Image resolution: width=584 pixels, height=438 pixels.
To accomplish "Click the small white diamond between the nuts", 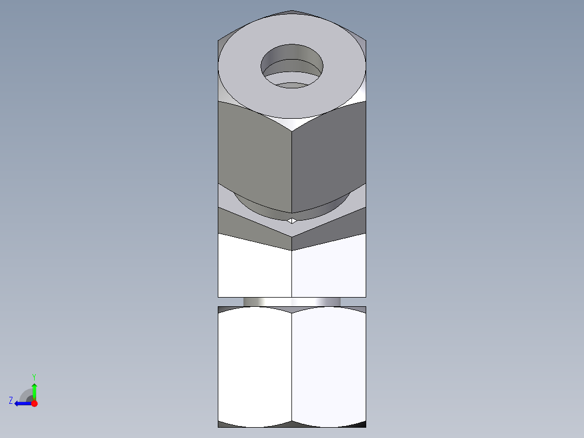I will click(x=292, y=220).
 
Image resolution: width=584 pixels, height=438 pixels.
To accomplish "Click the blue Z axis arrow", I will click(x=22, y=403).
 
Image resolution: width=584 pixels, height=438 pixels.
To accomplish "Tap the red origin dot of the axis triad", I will click(x=34, y=403).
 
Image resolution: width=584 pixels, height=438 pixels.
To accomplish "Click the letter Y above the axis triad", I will click(x=34, y=376).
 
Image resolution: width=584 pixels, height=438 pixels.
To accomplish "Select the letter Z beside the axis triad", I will click(x=11, y=400).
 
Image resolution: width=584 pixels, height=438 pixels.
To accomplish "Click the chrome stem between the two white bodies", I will click(x=292, y=301).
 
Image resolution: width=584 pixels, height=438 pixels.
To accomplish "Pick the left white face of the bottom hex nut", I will click(x=255, y=366).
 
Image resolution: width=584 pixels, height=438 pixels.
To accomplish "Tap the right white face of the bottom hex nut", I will click(x=329, y=366).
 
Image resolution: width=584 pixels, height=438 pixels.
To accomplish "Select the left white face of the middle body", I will click(x=255, y=268).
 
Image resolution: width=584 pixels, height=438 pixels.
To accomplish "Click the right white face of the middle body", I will click(x=329, y=268).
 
